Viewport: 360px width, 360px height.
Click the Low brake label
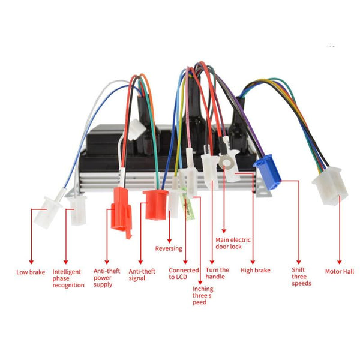31,272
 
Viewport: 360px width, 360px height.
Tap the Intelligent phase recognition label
68,278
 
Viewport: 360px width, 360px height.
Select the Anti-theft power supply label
107,277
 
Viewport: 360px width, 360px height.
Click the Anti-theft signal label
142,274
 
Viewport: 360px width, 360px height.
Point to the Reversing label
169,248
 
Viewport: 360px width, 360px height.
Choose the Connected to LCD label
184,274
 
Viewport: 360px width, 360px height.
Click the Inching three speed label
202,295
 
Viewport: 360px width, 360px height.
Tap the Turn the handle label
217,274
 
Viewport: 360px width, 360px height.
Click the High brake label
255,271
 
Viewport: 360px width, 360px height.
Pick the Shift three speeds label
301,277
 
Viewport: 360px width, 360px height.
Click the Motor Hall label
340,271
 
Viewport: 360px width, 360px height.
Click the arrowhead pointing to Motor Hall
340,262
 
